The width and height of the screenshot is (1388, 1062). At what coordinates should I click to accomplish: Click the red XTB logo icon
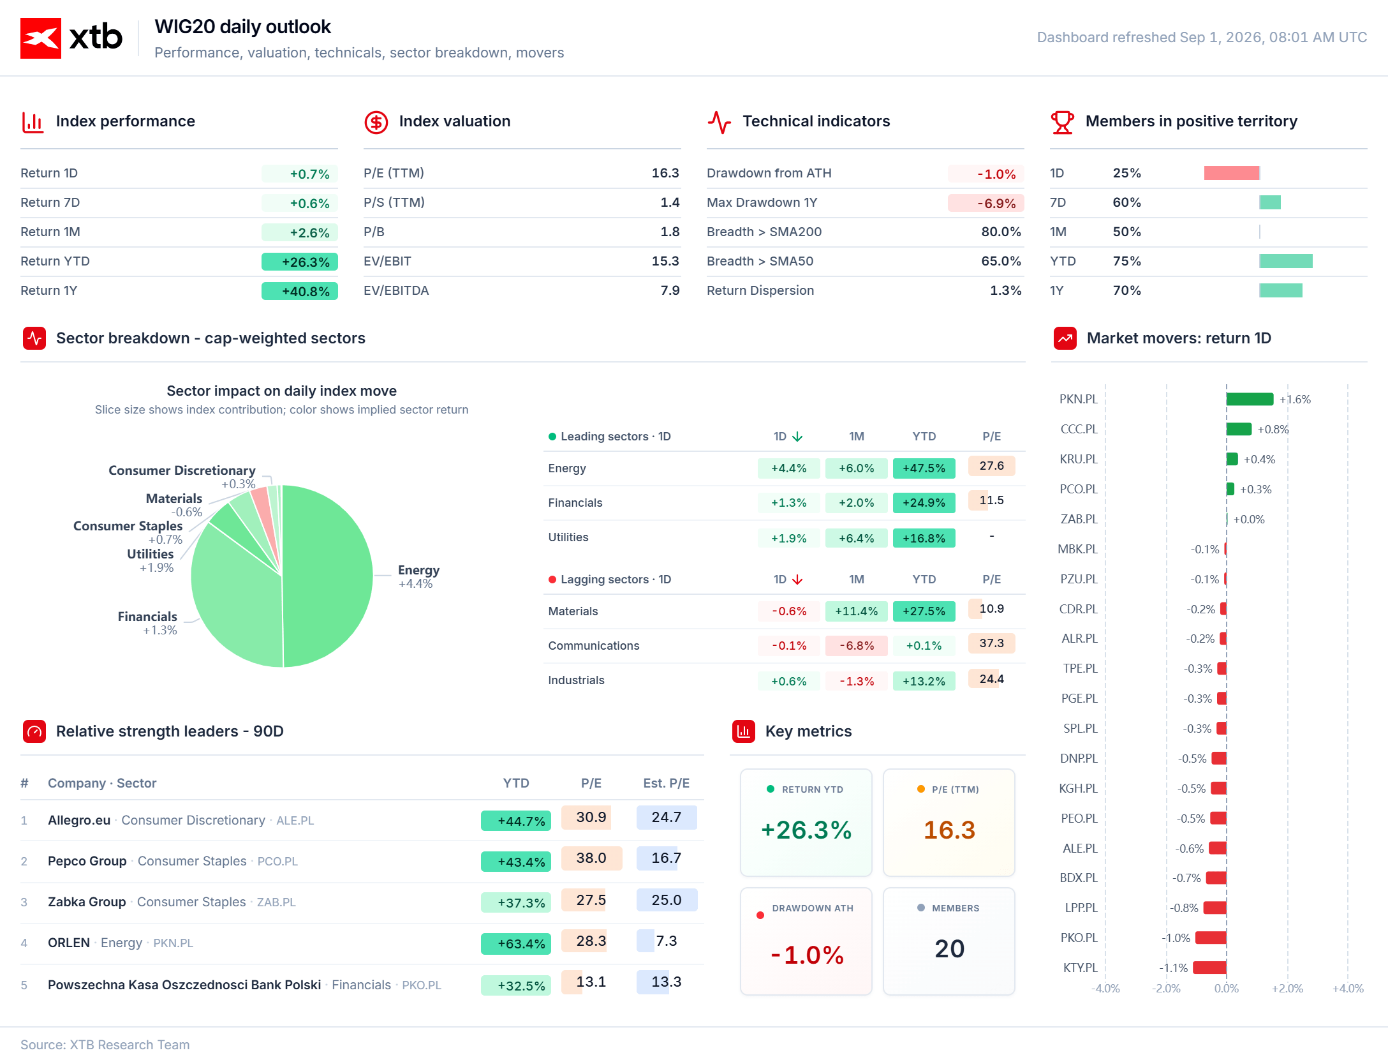[41, 38]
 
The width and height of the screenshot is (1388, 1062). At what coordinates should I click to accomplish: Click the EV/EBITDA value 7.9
[670, 290]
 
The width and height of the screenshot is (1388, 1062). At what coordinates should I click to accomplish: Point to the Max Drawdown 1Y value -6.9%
[996, 203]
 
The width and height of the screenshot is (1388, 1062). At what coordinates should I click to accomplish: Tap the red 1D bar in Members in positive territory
[1232, 173]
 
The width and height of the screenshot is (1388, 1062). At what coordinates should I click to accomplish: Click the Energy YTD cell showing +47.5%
[924, 468]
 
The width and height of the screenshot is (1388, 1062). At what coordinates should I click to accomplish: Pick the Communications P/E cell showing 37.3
[991, 643]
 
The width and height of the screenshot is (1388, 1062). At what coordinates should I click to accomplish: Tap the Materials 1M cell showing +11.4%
[856, 611]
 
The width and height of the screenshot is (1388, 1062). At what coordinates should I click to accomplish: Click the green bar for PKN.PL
[1250, 399]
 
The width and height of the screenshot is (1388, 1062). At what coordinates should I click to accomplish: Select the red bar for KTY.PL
[1209, 968]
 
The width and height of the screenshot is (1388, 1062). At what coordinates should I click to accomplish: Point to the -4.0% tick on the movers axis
[1105, 988]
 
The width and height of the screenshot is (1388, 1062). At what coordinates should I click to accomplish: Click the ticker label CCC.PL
[1079, 429]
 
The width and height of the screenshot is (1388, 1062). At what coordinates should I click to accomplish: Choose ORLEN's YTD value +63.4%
[521, 943]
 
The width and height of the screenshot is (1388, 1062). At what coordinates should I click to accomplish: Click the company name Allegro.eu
[79, 820]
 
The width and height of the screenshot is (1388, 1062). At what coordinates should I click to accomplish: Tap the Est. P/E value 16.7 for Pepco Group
[666, 858]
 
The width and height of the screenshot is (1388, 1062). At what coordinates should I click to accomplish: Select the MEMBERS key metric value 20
[949, 948]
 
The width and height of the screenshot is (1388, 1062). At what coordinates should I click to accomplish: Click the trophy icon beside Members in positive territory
[1062, 121]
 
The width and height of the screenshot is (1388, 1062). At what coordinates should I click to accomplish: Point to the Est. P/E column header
[666, 783]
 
